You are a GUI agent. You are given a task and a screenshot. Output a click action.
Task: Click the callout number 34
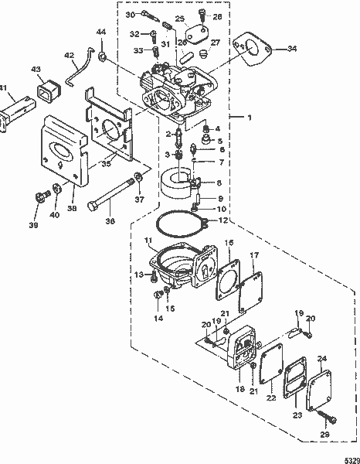pyautogui.click(x=291, y=49)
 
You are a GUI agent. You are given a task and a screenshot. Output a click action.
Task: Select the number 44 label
pyautogui.click(x=101, y=32)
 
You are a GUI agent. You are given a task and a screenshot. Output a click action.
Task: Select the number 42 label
pyautogui.click(x=68, y=55)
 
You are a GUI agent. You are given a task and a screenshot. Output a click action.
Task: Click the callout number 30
pyautogui.click(x=131, y=15)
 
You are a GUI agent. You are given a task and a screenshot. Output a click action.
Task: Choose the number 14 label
pyautogui.click(x=158, y=317)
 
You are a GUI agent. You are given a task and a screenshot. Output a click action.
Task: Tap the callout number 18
pyautogui.click(x=239, y=390)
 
